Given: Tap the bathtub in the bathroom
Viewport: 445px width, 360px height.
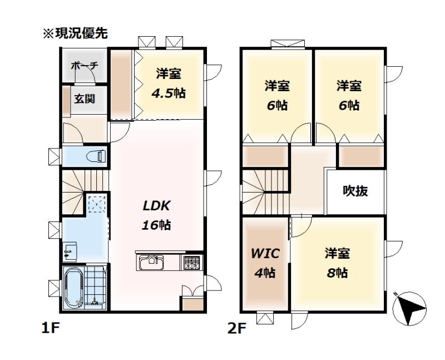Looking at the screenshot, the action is click(74, 288).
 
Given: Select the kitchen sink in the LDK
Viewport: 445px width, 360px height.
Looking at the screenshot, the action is click(151, 262).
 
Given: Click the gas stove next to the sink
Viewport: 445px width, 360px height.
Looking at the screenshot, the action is click(191, 262).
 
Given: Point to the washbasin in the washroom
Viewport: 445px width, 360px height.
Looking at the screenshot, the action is click(70, 251).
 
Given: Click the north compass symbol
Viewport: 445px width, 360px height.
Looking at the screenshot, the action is click(409, 308).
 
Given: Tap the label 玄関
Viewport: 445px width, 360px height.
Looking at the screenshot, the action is click(85, 99).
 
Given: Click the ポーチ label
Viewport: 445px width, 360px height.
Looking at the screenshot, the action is click(85, 66).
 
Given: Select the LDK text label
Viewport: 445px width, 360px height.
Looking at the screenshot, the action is click(156, 206).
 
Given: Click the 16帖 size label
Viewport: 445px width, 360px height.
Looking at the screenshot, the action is click(156, 225).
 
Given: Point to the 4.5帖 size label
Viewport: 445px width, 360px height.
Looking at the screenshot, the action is click(169, 93).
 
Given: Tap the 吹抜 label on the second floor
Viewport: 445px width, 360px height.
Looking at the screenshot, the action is click(355, 191).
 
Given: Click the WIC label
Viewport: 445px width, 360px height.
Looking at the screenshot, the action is click(265, 254).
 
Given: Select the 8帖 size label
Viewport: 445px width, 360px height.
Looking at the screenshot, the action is click(337, 273).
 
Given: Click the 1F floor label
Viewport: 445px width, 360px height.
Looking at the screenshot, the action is click(50, 328).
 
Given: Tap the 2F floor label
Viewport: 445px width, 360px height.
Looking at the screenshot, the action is click(237, 329).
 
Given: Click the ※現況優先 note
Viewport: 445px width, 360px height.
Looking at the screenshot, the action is click(75, 33).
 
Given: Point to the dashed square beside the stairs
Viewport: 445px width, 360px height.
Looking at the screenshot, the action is click(97, 204).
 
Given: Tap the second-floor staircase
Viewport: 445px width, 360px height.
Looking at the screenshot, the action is click(265, 192).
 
